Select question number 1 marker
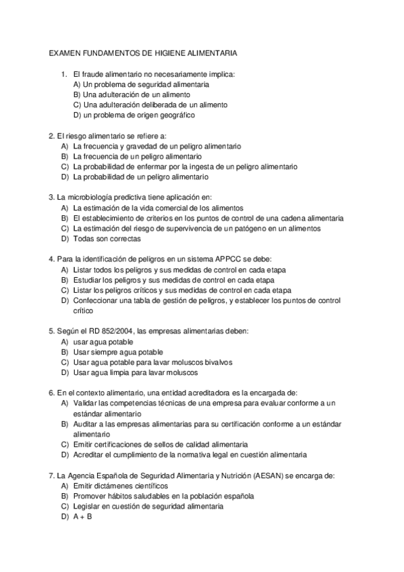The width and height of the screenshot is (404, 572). point(63,74)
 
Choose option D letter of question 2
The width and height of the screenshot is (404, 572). point(64,177)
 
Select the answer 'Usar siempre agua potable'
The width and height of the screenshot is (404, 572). point(118,352)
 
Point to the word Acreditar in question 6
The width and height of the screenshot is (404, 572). point(90,455)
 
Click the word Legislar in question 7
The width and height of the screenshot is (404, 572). point(88,506)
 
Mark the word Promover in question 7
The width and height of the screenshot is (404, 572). point(90,496)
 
